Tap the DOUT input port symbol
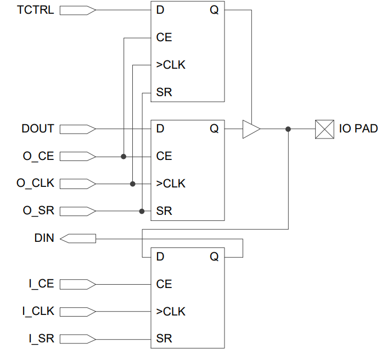point(77,129)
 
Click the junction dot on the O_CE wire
point(124,157)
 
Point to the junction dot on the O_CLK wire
point(132,184)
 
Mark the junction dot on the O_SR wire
point(142,211)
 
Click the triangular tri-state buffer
point(251,129)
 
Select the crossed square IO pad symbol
point(324,129)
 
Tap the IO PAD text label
point(358,129)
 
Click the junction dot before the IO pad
point(288,129)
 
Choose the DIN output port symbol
point(77,239)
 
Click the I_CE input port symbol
point(77,284)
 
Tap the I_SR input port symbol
point(77,339)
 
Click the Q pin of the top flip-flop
point(214,10)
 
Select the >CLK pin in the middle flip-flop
point(171,184)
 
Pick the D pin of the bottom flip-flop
point(160,257)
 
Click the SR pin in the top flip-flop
point(164,92)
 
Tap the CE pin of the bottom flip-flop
point(164,284)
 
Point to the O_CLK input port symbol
point(77,184)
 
